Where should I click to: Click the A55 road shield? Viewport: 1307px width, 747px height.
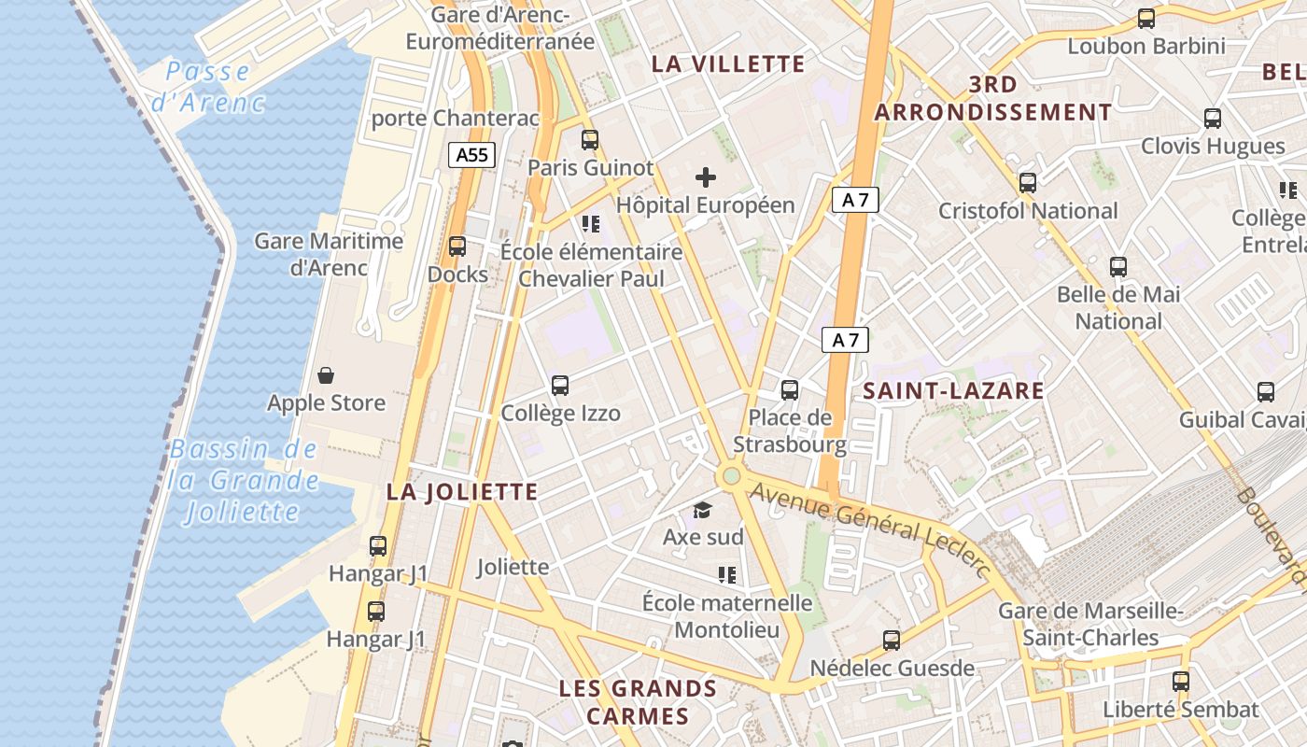(x=471, y=155)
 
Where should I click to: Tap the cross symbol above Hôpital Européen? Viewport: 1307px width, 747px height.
(x=706, y=176)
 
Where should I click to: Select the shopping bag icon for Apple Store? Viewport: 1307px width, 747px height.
(x=326, y=375)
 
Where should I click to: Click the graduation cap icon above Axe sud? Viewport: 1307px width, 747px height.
(x=702, y=510)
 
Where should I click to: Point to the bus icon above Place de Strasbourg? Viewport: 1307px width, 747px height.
(x=790, y=389)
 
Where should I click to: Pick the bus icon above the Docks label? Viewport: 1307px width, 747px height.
(x=457, y=247)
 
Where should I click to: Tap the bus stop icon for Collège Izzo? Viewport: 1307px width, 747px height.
(x=560, y=385)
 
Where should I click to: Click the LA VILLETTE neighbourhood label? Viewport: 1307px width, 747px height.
(x=728, y=63)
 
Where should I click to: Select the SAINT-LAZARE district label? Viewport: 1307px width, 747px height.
(x=953, y=390)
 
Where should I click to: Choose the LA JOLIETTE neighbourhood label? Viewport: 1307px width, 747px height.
(x=462, y=492)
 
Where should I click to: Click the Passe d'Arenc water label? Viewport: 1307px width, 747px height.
(x=208, y=86)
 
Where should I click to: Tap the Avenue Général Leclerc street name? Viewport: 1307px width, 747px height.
(x=868, y=528)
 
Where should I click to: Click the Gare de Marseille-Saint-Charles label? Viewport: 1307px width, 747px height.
(x=1090, y=625)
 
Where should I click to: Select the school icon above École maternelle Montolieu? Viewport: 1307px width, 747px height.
(x=727, y=575)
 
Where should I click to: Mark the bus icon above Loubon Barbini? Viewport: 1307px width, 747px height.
(x=1145, y=18)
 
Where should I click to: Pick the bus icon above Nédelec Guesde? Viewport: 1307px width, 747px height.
(x=892, y=641)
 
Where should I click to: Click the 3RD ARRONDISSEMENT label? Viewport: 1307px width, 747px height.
(x=993, y=98)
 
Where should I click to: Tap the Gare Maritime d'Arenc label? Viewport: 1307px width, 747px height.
(x=329, y=254)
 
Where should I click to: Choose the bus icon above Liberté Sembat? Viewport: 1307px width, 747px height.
(x=1181, y=682)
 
